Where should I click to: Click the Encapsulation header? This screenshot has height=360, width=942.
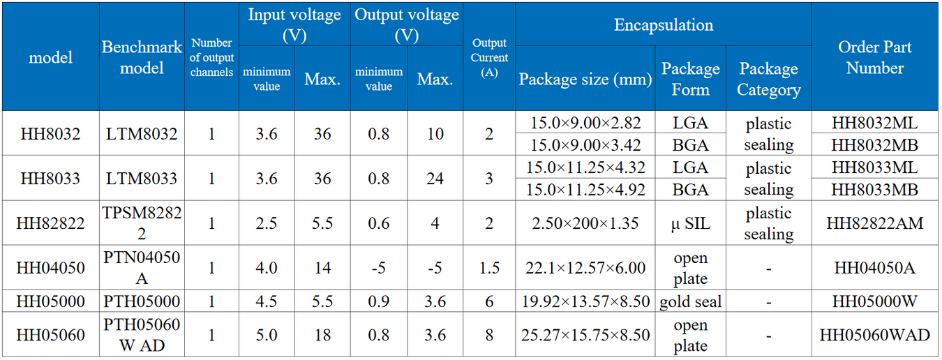click(x=663, y=25)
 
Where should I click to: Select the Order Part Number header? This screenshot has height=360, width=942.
click(x=875, y=57)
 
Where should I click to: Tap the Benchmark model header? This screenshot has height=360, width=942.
click(x=142, y=57)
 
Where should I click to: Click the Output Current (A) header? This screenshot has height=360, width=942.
click(x=489, y=58)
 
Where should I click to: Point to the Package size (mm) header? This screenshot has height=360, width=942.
click(x=585, y=79)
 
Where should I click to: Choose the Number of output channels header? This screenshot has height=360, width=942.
click(x=211, y=58)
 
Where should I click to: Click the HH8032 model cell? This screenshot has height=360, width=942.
click(x=50, y=134)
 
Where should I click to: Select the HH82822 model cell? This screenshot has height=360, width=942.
click(x=50, y=223)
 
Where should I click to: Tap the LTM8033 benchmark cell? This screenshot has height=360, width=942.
click(x=142, y=179)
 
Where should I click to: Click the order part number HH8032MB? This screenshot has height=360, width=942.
click(x=875, y=145)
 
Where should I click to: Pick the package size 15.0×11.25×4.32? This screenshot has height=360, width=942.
click(x=585, y=167)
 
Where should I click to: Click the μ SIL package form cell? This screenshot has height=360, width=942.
click(x=691, y=223)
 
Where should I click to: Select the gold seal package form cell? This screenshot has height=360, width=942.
click(x=691, y=301)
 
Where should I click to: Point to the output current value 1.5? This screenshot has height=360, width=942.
click(x=489, y=268)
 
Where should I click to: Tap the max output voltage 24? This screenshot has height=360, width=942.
click(x=435, y=179)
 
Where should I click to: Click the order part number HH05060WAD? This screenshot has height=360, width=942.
click(x=875, y=335)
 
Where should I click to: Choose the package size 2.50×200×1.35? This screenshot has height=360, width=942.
click(x=585, y=223)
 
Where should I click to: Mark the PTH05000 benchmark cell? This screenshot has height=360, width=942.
click(x=142, y=301)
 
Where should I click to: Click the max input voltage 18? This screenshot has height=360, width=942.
click(x=322, y=335)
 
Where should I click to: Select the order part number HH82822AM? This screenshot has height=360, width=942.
click(x=875, y=223)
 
